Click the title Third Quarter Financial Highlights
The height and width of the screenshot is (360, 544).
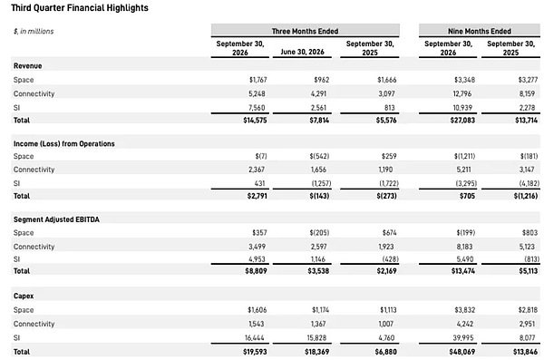point(80,8)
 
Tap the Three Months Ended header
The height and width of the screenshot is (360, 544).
point(305,31)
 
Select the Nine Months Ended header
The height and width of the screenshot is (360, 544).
point(480,31)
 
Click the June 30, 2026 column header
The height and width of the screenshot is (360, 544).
point(302,52)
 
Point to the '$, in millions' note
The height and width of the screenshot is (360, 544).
point(34,31)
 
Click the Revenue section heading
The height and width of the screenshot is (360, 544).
point(28,66)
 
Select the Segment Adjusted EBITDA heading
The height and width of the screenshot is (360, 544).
point(56,219)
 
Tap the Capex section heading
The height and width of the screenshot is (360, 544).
point(24,297)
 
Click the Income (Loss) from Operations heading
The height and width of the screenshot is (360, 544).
point(64,143)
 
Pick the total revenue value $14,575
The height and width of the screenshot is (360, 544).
point(255,120)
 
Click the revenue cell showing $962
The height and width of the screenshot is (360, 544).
point(322,80)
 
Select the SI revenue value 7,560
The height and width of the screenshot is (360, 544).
point(257,108)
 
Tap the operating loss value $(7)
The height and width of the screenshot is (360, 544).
point(261,156)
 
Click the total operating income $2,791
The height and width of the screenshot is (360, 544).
point(257,196)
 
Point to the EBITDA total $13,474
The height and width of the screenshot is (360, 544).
point(463,271)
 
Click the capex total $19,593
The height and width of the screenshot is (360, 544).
point(255,352)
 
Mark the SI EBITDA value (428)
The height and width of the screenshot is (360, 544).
point(390,259)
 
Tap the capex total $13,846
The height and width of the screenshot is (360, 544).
point(525,352)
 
